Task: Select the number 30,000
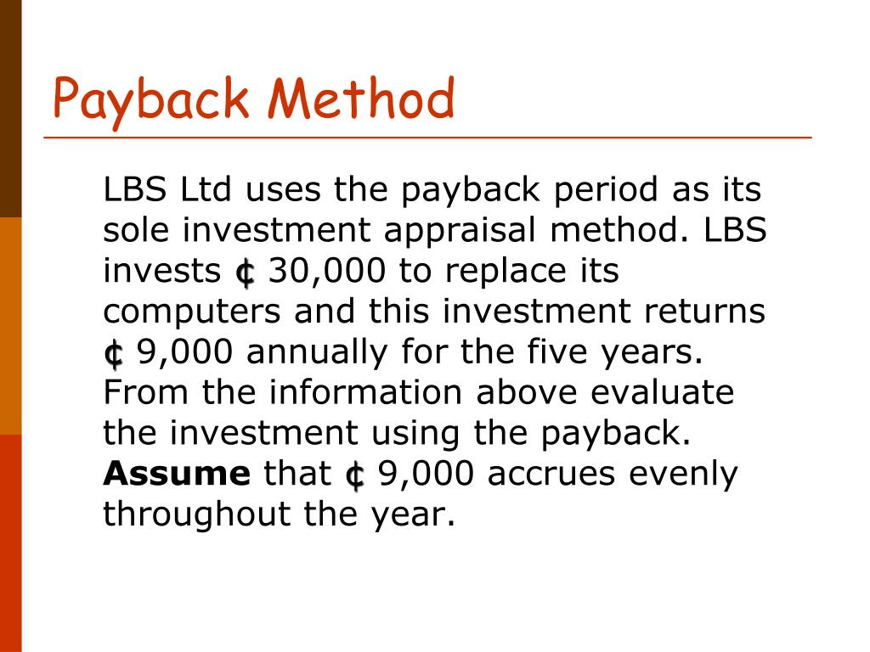pos(326,272)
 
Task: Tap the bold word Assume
pos(176,475)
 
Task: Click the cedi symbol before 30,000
pos(245,273)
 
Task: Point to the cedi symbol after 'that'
pos(354,475)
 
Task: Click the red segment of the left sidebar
pos(10,543)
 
